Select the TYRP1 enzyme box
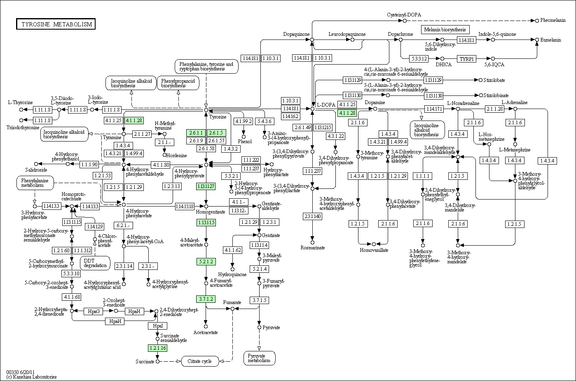[x=467, y=59]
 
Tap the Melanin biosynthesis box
[x=445, y=30]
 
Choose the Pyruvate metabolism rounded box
[x=259, y=358]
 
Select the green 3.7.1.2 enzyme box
[x=206, y=299]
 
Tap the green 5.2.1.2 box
[x=206, y=262]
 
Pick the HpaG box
[x=94, y=311]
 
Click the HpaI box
[x=157, y=326]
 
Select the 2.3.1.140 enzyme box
[x=312, y=216]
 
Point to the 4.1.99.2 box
[x=244, y=121]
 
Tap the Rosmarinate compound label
[x=312, y=248]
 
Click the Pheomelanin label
[x=553, y=20]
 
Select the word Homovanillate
[x=374, y=250]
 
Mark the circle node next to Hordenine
[x=164, y=155]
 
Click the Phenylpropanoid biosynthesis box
[x=178, y=83]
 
